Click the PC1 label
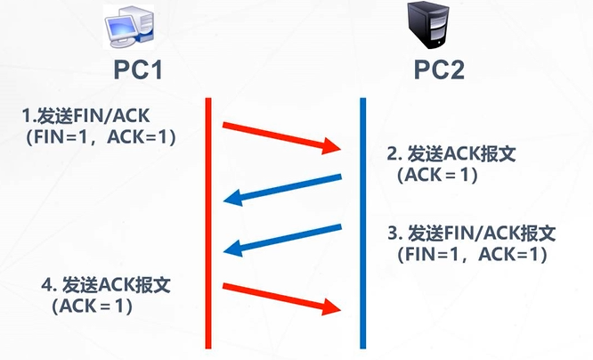pos(138,69)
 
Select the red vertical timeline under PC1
pos(208,223)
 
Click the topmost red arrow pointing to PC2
pos(283,135)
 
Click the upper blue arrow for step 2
pos(283,189)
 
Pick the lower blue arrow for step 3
pos(283,238)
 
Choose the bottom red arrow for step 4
pos(283,298)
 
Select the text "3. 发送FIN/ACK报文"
pos(471,233)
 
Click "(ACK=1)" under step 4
pos(93,307)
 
